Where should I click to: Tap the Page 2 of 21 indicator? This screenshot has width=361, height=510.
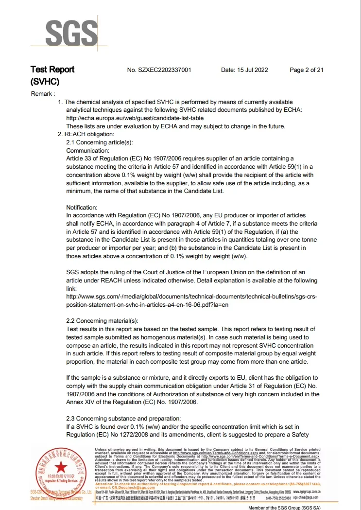point(307,70)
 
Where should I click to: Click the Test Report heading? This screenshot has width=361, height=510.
point(52,70)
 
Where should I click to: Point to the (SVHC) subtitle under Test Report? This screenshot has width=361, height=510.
point(44,82)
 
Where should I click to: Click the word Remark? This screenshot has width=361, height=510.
point(43,93)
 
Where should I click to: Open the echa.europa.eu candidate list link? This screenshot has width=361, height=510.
point(135,118)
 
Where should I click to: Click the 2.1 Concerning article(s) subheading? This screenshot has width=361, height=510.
point(99,142)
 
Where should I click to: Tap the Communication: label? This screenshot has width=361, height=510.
point(88,151)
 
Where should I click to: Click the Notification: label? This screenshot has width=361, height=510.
point(82,208)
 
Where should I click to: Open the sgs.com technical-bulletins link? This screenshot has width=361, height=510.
point(191,300)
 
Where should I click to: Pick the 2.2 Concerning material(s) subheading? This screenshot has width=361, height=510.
point(102,321)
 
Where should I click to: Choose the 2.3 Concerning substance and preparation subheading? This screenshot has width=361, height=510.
point(123,419)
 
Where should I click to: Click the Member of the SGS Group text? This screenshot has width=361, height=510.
point(285,507)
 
